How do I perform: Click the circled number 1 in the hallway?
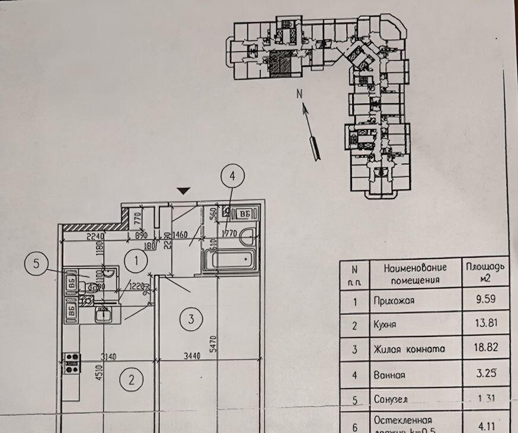pyautogui.click(x=138, y=259)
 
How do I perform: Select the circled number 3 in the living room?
pyautogui.click(x=190, y=320)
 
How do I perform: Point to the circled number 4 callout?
pyautogui.click(x=232, y=176)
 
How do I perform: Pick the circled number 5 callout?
pyautogui.click(x=37, y=265)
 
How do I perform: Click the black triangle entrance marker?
pyautogui.click(x=184, y=191)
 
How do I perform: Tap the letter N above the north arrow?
pyautogui.click(x=300, y=93)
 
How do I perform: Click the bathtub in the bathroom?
pyautogui.click(x=228, y=259)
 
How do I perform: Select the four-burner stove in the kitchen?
pyautogui.click(x=72, y=363)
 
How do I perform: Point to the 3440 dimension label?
pyautogui.click(x=190, y=356)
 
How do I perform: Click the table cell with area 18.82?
pyautogui.click(x=485, y=349)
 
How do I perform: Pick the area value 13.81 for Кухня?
pyautogui.click(x=485, y=324)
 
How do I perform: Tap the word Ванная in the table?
pyautogui.click(x=390, y=375)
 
